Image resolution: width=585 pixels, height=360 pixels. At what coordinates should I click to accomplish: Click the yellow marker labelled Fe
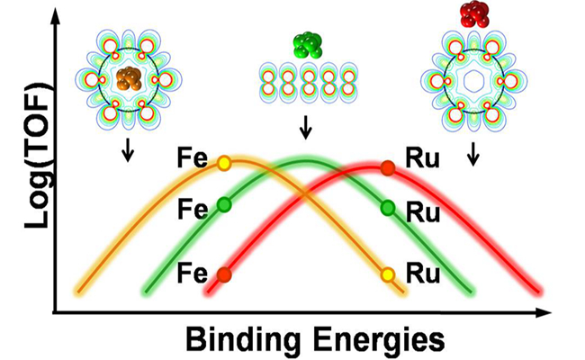pos(224,164)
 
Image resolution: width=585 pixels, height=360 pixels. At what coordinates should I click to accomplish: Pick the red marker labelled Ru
pos(388,166)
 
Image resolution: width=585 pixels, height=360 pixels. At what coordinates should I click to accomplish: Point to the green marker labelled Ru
pos(388,208)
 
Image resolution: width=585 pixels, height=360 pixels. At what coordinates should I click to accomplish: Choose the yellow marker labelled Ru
pos(388,274)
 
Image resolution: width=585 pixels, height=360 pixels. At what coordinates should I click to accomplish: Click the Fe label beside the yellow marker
pos(193,164)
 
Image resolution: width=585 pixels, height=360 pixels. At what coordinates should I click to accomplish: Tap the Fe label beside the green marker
pos(193,206)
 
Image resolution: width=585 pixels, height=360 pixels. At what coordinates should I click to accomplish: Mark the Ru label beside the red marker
pos(422,164)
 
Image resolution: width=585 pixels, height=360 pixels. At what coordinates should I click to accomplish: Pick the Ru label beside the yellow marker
pos(422,272)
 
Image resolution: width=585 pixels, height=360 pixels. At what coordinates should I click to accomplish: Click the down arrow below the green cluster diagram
pos(305,130)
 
